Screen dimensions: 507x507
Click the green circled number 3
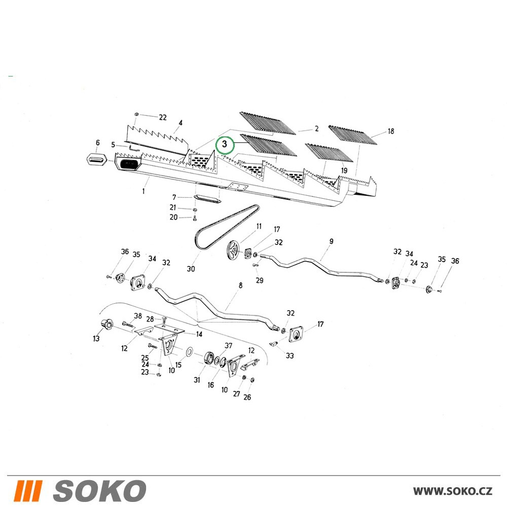[x=225, y=145]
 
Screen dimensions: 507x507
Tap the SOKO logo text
[x=99, y=490]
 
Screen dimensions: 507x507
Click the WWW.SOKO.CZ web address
[x=452, y=491]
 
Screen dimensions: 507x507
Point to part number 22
[x=163, y=117]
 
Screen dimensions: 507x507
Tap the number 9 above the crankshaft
[x=331, y=241]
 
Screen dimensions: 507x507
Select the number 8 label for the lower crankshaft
[x=240, y=285]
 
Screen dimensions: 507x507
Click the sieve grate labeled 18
[x=353, y=135]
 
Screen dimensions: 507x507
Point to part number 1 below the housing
[x=143, y=191]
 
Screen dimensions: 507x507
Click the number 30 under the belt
[x=191, y=269]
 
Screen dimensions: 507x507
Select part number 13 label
[x=96, y=339]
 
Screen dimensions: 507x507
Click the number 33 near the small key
[x=289, y=356]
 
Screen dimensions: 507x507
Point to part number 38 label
[x=138, y=315]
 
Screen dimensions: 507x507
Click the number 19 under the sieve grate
[x=344, y=170]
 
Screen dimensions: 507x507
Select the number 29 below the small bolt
[x=259, y=280]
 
